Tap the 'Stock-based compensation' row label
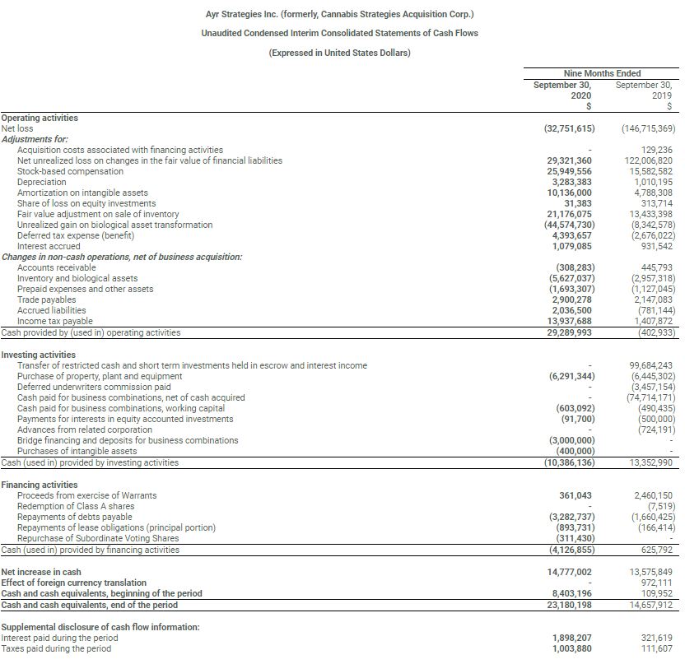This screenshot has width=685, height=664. point(66,171)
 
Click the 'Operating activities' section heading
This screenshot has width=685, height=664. point(40,118)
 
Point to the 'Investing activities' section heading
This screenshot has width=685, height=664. point(39,355)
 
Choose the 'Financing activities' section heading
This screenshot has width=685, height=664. point(40,485)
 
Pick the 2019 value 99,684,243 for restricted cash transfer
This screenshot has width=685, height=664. point(650,365)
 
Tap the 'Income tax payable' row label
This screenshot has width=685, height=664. point(54,321)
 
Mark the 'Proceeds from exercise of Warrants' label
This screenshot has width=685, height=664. point(86,495)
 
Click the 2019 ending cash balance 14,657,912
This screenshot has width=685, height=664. point(650,605)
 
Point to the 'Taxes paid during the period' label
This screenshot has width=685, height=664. point(56,648)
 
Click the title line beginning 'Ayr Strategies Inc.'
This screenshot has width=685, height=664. point(339,14)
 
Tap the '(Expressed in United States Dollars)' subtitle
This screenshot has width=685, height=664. point(339,53)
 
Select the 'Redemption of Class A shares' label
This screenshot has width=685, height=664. point(75,506)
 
